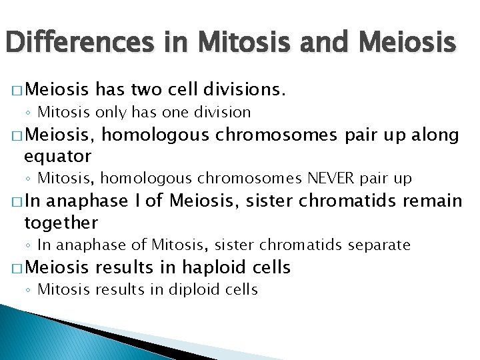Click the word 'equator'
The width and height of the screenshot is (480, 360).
[57, 156]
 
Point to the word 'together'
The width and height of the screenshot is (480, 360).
[61, 222]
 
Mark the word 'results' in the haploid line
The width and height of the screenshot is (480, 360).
[125, 267]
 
